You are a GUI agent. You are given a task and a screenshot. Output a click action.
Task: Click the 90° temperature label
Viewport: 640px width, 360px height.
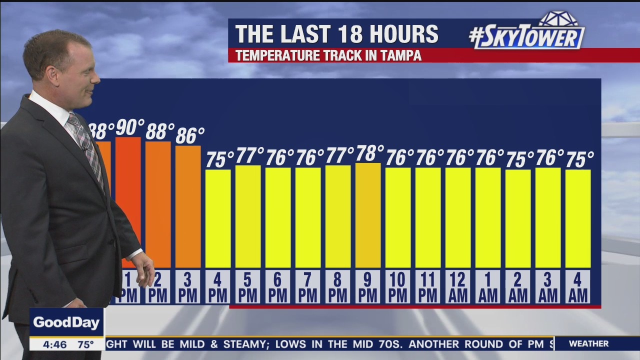pos(129,127)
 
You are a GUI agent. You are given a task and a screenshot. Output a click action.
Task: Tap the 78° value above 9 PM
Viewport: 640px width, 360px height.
pos(369,153)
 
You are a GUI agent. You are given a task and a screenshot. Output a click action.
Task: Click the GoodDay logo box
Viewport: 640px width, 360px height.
pos(66,322)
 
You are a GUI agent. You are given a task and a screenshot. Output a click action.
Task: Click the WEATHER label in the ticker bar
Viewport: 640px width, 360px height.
pos(588,343)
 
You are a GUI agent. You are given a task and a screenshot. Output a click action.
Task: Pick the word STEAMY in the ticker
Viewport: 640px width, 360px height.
pos(242,344)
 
